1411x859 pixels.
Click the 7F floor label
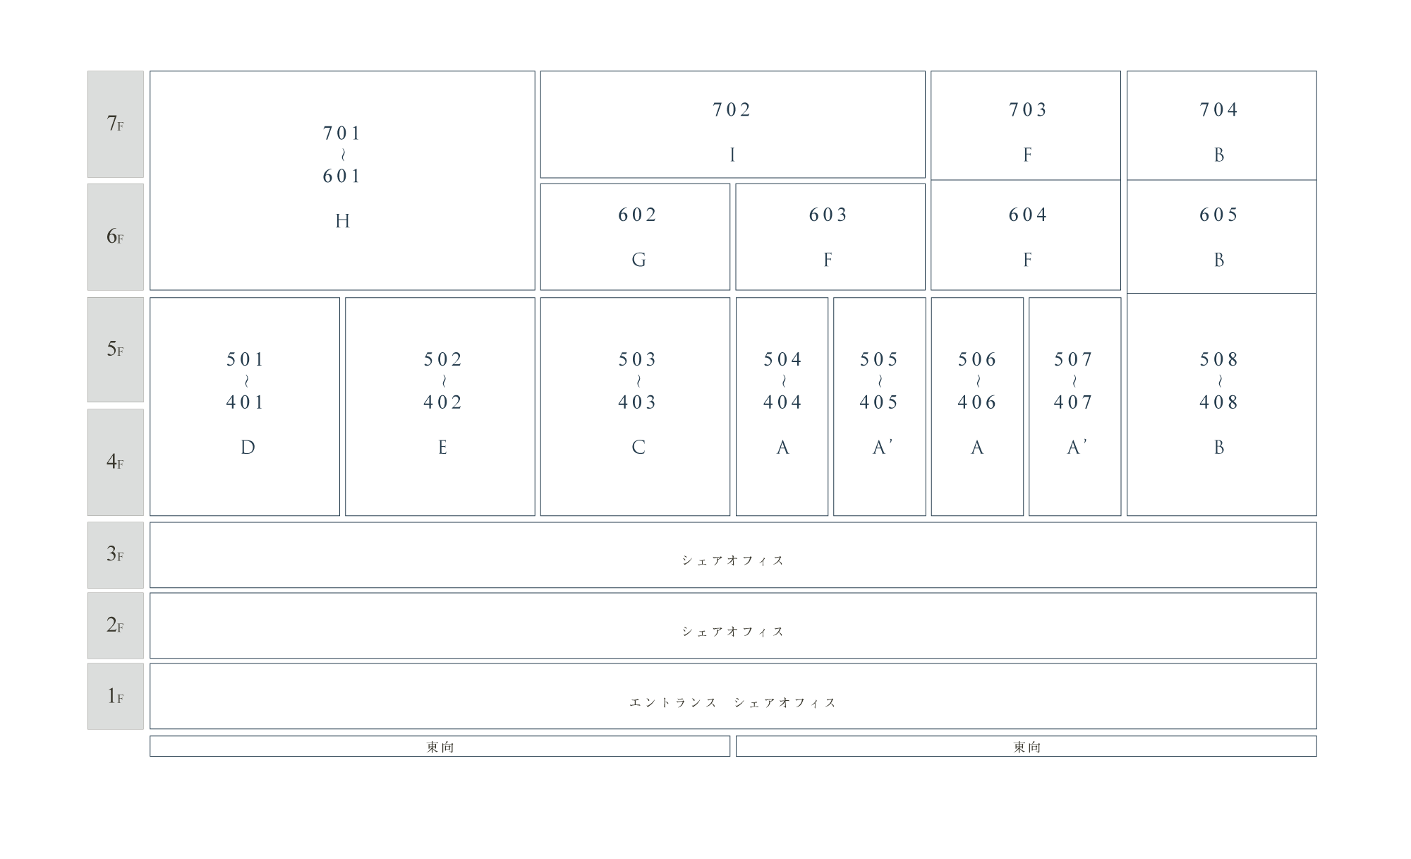(115, 124)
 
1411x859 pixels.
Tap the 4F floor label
(115, 462)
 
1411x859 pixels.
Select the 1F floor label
(115, 696)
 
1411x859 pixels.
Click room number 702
(732, 109)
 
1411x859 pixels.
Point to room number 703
(1028, 109)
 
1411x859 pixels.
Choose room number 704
(1219, 109)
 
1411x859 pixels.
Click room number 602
(638, 215)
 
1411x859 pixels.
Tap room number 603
(828, 215)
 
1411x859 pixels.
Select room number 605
(1219, 215)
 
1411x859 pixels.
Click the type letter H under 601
(342, 222)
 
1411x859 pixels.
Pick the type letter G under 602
(638, 260)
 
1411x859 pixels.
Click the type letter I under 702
(732, 155)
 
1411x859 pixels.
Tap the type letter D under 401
(248, 447)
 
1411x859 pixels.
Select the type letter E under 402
(442, 447)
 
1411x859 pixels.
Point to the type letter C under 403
(638, 447)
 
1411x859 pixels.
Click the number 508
(1219, 359)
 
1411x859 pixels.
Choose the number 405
(879, 402)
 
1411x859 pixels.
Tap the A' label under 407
(1077, 447)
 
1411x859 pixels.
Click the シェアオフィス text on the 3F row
(733, 560)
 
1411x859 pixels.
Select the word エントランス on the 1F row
(673, 702)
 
